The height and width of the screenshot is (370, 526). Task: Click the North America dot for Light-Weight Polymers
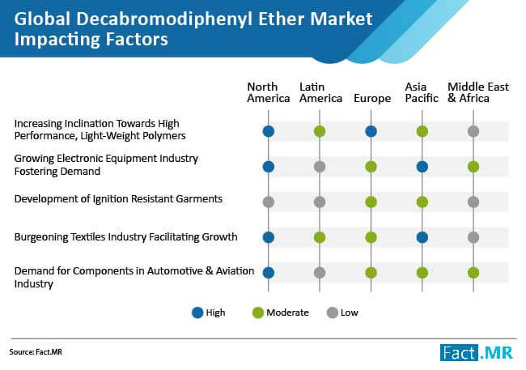[x=269, y=131]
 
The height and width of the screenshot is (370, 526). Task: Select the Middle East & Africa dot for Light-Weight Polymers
[x=473, y=131]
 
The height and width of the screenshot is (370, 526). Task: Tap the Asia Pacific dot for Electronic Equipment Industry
[x=422, y=167]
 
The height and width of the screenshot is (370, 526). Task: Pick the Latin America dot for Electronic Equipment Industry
[x=320, y=167]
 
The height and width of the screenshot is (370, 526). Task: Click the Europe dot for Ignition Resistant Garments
[x=371, y=202]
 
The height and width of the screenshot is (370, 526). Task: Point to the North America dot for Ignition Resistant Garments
[x=269, y=202]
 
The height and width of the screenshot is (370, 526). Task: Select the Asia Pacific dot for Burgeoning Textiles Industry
[x=422, y=237]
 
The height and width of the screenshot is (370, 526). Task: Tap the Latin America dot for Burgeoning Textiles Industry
[x=320, y=237]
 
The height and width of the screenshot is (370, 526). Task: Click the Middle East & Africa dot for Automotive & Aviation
[x=473, y=273]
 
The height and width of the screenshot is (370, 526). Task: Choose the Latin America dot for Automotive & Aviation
[x=320, y=273]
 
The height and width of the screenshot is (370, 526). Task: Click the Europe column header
[x=372, y=99]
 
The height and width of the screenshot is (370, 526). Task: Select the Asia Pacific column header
[x=422, y=92]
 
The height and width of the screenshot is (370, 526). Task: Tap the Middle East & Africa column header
[x=478, y=92]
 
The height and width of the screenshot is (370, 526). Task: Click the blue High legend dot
[x=197, y=313]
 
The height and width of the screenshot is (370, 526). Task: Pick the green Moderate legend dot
[x=258, y=313]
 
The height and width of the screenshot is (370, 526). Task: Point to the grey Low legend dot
[x=332, y=313]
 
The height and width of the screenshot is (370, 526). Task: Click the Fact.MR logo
[x=477, y=352]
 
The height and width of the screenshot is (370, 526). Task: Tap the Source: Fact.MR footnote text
[x=36, y=352]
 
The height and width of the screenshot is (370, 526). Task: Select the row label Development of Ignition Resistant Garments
[x=118, y=199]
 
